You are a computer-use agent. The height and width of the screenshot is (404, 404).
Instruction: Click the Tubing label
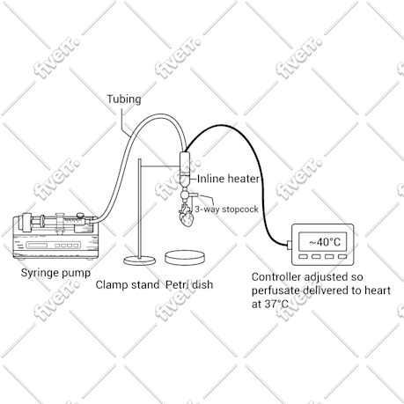tap(123, 99)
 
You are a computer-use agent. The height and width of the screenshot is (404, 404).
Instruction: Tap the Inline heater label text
tap(228, 179)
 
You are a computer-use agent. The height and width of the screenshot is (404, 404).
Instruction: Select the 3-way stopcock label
tap(226, 209)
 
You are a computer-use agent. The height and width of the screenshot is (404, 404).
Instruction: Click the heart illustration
tap(186, 216)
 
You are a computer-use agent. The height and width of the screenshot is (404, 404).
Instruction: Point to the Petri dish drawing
tap(185, 257)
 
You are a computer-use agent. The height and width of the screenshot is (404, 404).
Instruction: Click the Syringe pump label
tap(55, 273)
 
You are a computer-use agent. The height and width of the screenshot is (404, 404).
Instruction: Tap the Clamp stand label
tap(128, 284)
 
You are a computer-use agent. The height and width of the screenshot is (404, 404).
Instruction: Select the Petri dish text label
tap(189, 284)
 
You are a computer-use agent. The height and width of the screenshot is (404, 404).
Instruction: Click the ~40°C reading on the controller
tap(325, 242)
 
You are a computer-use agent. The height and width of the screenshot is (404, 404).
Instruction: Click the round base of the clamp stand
tap(140, 261)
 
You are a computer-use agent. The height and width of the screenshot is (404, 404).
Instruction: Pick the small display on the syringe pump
tap(37, 245)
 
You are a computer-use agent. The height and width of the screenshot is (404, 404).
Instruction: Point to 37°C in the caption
tap(276, 305)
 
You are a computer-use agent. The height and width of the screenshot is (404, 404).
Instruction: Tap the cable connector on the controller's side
tap(290, 245)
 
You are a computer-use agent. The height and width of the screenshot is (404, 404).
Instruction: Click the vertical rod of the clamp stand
tap(140, 209)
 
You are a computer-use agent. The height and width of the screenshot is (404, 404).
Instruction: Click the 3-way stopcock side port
tap(195, 195)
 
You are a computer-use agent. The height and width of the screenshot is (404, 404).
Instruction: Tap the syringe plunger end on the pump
tap(23, 223)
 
